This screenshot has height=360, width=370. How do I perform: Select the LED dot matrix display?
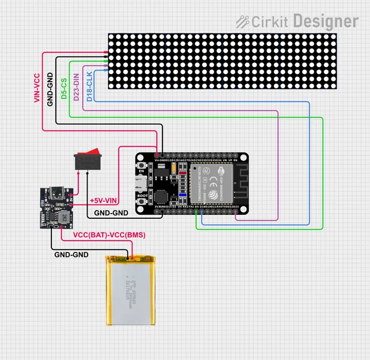coord(222,61)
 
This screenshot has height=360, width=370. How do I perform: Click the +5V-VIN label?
coord(104,201)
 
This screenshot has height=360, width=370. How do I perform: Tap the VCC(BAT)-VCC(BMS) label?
coord(109,236)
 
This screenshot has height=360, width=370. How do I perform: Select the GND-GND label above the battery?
coord(71,254)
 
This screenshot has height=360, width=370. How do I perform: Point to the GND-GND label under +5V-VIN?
coord(111,213)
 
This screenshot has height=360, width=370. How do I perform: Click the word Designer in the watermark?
coord(325,21)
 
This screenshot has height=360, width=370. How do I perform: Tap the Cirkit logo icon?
coord(242,21)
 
